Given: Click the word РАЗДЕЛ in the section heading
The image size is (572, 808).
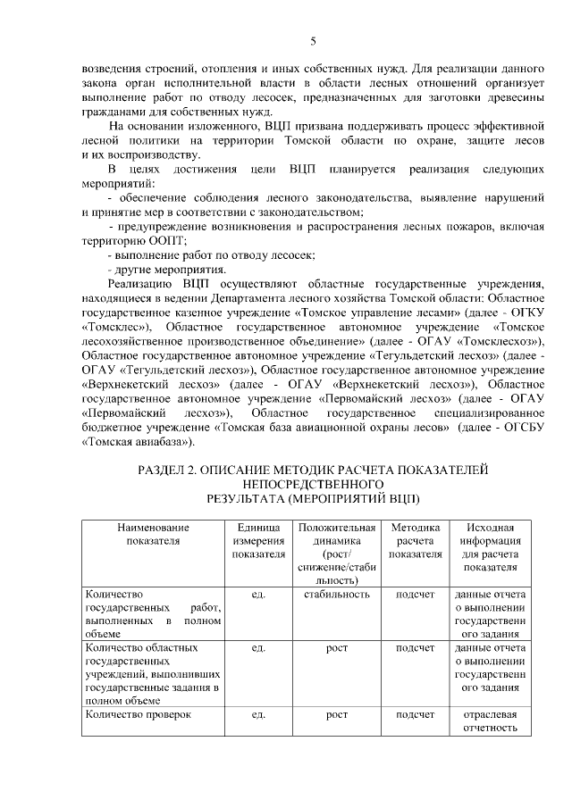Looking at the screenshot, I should coord(165,469).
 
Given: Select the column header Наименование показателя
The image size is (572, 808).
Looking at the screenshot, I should coord(153,534).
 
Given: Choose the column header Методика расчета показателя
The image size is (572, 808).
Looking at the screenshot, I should coord(415,541).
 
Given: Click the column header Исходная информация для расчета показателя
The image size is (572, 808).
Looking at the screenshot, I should coord(485,547).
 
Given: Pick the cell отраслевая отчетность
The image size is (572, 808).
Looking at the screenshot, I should coord(485,721).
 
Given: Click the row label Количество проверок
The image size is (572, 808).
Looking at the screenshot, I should coord(139,714).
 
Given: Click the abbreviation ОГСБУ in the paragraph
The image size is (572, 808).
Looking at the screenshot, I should coord(517,427).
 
